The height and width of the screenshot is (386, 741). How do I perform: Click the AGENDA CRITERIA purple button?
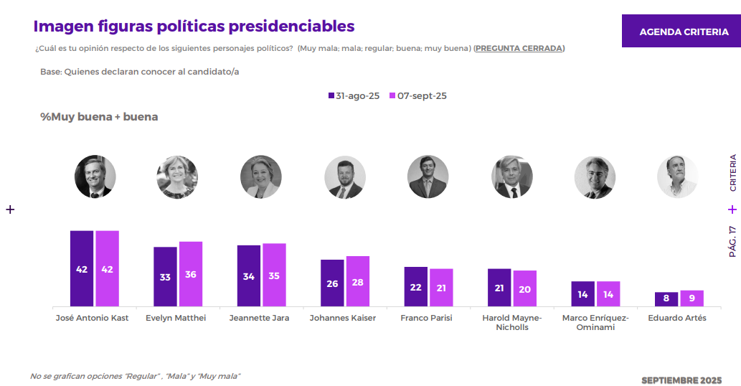pyautogui.click(x=683, y=32)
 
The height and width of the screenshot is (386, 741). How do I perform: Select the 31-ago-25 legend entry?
pyautogui.click(x=354, y=96)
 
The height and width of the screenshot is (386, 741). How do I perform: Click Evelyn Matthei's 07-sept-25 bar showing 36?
pyautogui.click(x=191, y=274)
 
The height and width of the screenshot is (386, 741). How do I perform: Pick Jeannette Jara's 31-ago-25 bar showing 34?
pyautogui.click(x=249, y=276)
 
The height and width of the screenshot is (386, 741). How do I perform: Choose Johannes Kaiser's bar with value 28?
pyautogui.click(x=358, y=281)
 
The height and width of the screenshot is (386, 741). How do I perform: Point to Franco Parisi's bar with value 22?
pyautogui.click(x=416, y=287)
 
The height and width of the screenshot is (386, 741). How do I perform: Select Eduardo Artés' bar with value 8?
pyautogui.click(x=666, y=299)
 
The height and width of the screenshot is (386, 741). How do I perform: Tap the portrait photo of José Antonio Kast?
pyautogui.click(x=95, y=176)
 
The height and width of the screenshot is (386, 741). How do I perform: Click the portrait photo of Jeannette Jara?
pyautogui.click(x=261, y=176)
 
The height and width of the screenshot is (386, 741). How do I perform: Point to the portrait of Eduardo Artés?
pyautogui.click(x=678, y=176)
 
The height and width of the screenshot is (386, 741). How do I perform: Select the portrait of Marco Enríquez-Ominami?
pyautogui.click(x=595, y=176)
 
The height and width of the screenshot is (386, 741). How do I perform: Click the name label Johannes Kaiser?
pyautogui.click(x=343, y=318)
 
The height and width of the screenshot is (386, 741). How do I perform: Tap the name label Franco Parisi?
pyautogui.click(x=426, y=318)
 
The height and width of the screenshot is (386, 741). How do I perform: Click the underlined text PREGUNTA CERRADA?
pyautogui.click(x=519, y=48)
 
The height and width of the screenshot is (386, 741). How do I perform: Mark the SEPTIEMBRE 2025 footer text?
pyautogui.click(x=681, y=380)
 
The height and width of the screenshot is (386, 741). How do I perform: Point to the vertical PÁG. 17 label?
pyautogui.click(x=732, y=241)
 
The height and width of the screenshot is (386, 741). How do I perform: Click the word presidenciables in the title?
pyautogui.click(x=291, y=26)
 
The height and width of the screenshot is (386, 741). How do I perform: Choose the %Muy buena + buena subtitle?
pyautogui.click(x=99, y=117)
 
